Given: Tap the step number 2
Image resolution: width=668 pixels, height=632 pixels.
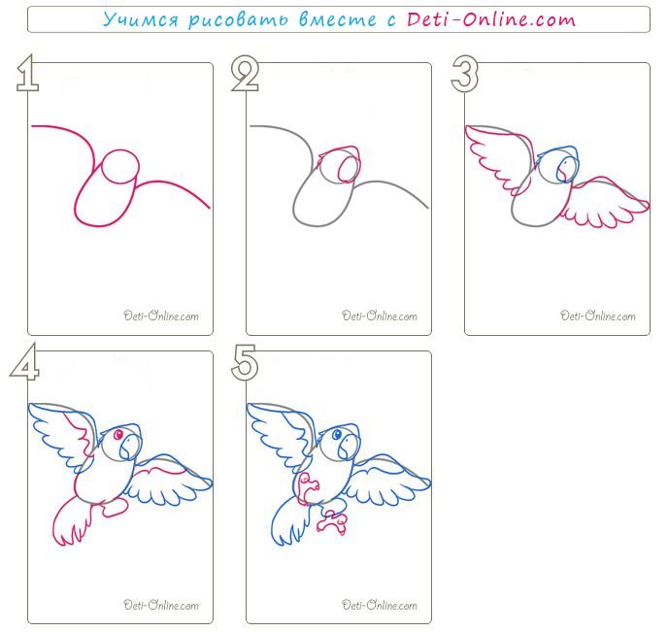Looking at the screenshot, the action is tap(245, 74).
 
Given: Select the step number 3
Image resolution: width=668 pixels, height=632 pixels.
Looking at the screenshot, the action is tap(465, 73).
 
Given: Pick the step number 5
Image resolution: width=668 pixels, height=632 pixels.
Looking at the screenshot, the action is tap(245, 362).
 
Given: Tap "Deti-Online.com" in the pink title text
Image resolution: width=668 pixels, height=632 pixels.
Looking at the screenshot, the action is tap(490, 19).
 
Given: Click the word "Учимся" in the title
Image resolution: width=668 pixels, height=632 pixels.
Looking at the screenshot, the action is tap(140, 19).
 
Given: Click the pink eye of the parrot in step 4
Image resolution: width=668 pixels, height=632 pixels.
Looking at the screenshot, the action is tap(118, 435).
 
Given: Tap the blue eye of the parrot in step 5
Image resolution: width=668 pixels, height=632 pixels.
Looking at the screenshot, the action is tap(337, 435).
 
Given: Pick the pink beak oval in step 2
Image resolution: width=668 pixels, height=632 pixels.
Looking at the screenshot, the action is tap(349, 169).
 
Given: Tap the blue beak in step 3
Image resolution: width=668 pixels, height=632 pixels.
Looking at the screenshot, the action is tap(567, 169).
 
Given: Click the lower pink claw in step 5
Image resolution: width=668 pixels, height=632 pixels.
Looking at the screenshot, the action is tap(332, 522).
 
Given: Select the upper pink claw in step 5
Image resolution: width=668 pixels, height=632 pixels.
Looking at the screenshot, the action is tap(308, 489).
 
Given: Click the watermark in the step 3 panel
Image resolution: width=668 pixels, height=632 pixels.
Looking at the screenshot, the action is tap(598, 316).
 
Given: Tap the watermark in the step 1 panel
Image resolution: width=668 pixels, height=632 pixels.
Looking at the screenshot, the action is tap(161, 316).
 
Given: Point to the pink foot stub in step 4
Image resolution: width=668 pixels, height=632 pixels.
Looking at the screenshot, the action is tap(115, 507).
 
